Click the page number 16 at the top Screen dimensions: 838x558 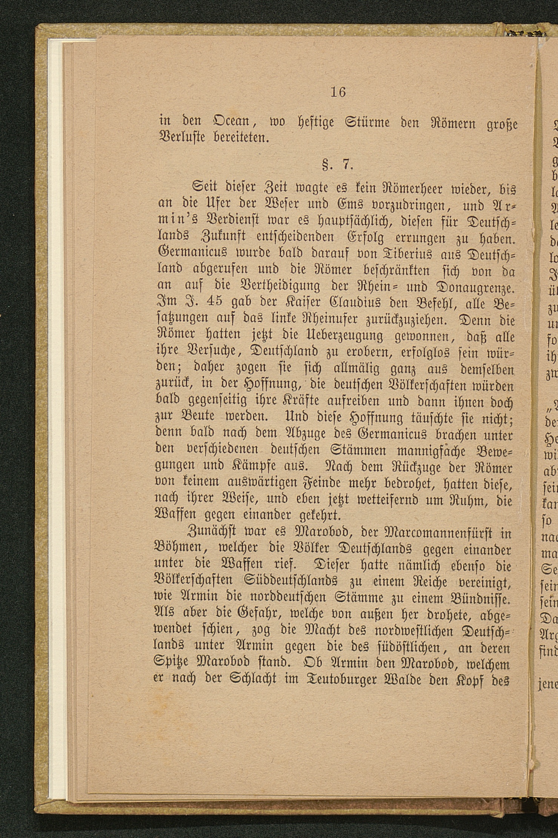click(x=338, y=92)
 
